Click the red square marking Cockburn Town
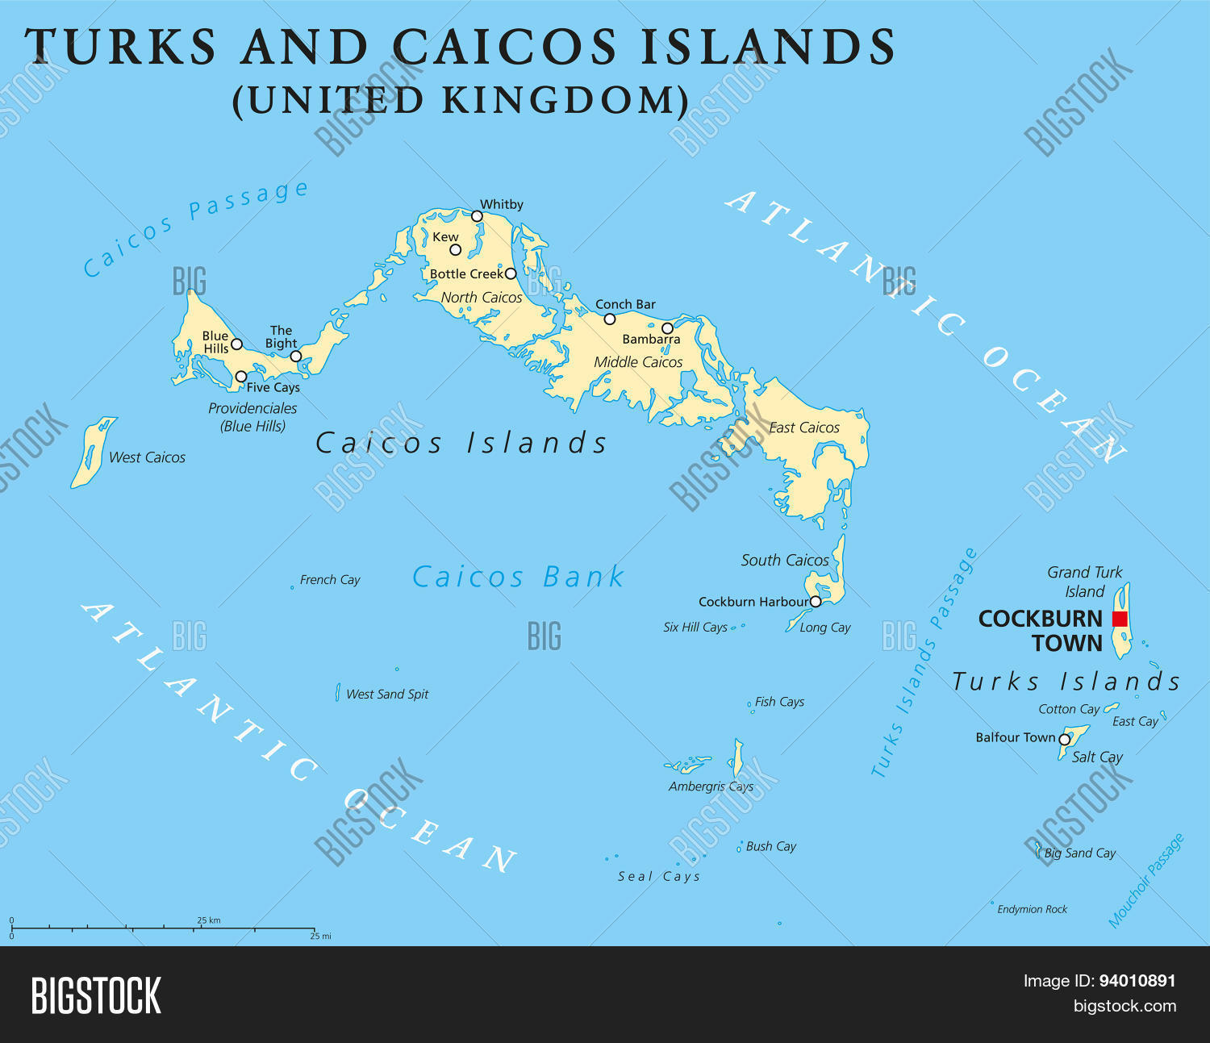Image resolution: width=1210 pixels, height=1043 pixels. [1119, 619]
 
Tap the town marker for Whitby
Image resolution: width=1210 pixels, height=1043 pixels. [477, 216]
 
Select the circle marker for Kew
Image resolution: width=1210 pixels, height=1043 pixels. [455, 249]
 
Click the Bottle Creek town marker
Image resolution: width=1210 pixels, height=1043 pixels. [510, 273]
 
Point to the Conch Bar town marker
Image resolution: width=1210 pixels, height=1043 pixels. [610, 319]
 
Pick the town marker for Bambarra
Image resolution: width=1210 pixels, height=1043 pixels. [667, 328]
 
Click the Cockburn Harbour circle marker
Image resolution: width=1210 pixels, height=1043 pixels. [816, 602]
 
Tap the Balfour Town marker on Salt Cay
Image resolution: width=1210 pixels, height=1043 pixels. [1064, 739]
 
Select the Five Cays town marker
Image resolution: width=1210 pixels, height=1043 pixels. [240, 377]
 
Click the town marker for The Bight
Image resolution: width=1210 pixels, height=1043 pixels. [296, 356]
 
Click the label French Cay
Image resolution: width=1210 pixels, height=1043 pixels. [330, 580]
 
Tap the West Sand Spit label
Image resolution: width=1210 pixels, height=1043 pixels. [387, 695]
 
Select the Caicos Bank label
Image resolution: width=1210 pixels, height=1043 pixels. [518, 577]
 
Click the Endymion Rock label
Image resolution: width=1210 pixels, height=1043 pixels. [1032, 909]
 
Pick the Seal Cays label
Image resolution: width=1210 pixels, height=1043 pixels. [659, 877]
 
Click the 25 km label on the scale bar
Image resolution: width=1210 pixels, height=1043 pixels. [208, 920]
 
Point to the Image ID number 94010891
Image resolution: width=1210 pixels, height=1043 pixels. [1137, 981]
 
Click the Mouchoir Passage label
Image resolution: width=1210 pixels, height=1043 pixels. [1145, 881]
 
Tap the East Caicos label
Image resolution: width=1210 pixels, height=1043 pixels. [804, 428]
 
